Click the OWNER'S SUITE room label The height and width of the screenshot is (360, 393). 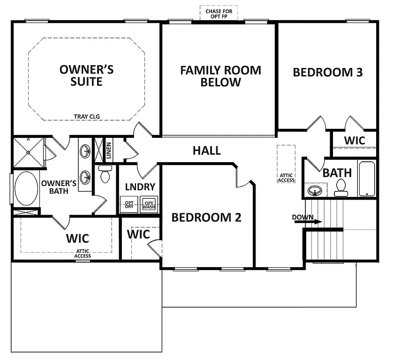pos(86,75)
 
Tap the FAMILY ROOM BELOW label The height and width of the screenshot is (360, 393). pos(220,76)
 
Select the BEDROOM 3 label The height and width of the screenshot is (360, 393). pos(328,72)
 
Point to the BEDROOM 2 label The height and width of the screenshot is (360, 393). pos(206,217)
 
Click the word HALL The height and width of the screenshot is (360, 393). pos(207,150)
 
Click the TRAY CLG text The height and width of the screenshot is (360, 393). pos(87,117)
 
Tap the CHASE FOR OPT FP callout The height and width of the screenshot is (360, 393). pos(219,14)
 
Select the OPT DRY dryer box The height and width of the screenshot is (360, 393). pos(129,205)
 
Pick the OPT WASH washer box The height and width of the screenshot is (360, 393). pos(149,205)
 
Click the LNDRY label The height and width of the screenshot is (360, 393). pos(140,187)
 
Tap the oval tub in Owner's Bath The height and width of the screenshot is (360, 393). pos(26,188)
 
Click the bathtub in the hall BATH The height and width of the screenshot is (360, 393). pos(367,179)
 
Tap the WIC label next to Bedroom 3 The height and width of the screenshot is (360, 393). pos(355,141)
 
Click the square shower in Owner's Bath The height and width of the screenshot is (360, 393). pos(28,152)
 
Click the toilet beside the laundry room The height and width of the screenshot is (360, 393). pos(105,176)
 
